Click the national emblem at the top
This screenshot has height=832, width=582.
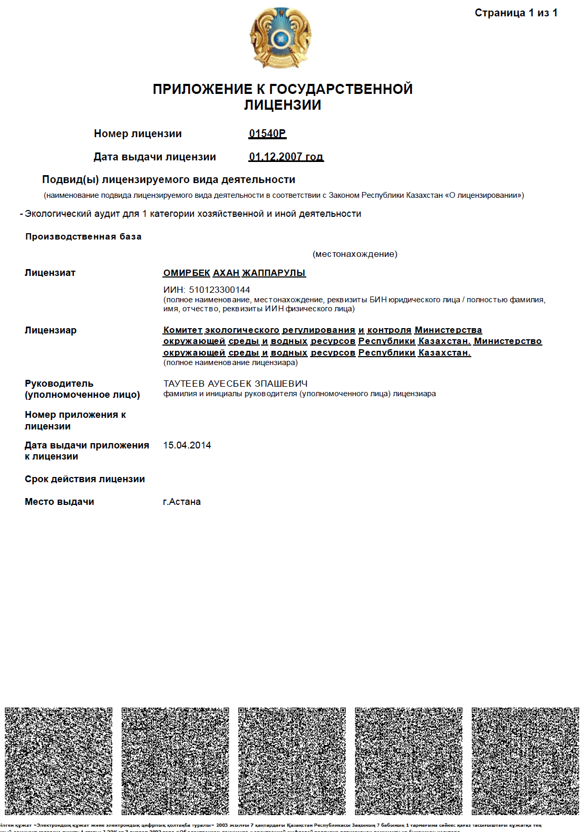280,37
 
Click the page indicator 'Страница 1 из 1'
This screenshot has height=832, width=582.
516,13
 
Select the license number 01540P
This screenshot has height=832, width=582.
267,133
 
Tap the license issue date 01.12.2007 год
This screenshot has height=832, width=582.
286,157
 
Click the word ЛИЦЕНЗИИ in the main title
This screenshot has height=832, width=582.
283,105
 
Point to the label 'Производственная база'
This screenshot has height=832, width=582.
83,236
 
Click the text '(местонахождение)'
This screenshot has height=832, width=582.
355,254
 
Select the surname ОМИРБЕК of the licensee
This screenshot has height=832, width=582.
187,273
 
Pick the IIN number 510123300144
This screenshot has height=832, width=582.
219,290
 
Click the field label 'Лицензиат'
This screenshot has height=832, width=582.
50,273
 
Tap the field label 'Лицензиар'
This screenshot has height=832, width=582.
51,330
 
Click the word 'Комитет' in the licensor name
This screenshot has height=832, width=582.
182,330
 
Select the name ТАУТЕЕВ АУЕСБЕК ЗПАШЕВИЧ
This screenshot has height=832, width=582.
235,384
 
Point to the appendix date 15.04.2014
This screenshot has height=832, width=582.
187,445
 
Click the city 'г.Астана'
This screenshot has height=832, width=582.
182,502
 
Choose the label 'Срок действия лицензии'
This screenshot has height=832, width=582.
85,479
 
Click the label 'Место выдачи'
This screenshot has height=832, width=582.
60,502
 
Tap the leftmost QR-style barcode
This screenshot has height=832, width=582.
59,761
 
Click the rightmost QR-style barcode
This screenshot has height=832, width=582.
525,761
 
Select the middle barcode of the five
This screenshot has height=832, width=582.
292,761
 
